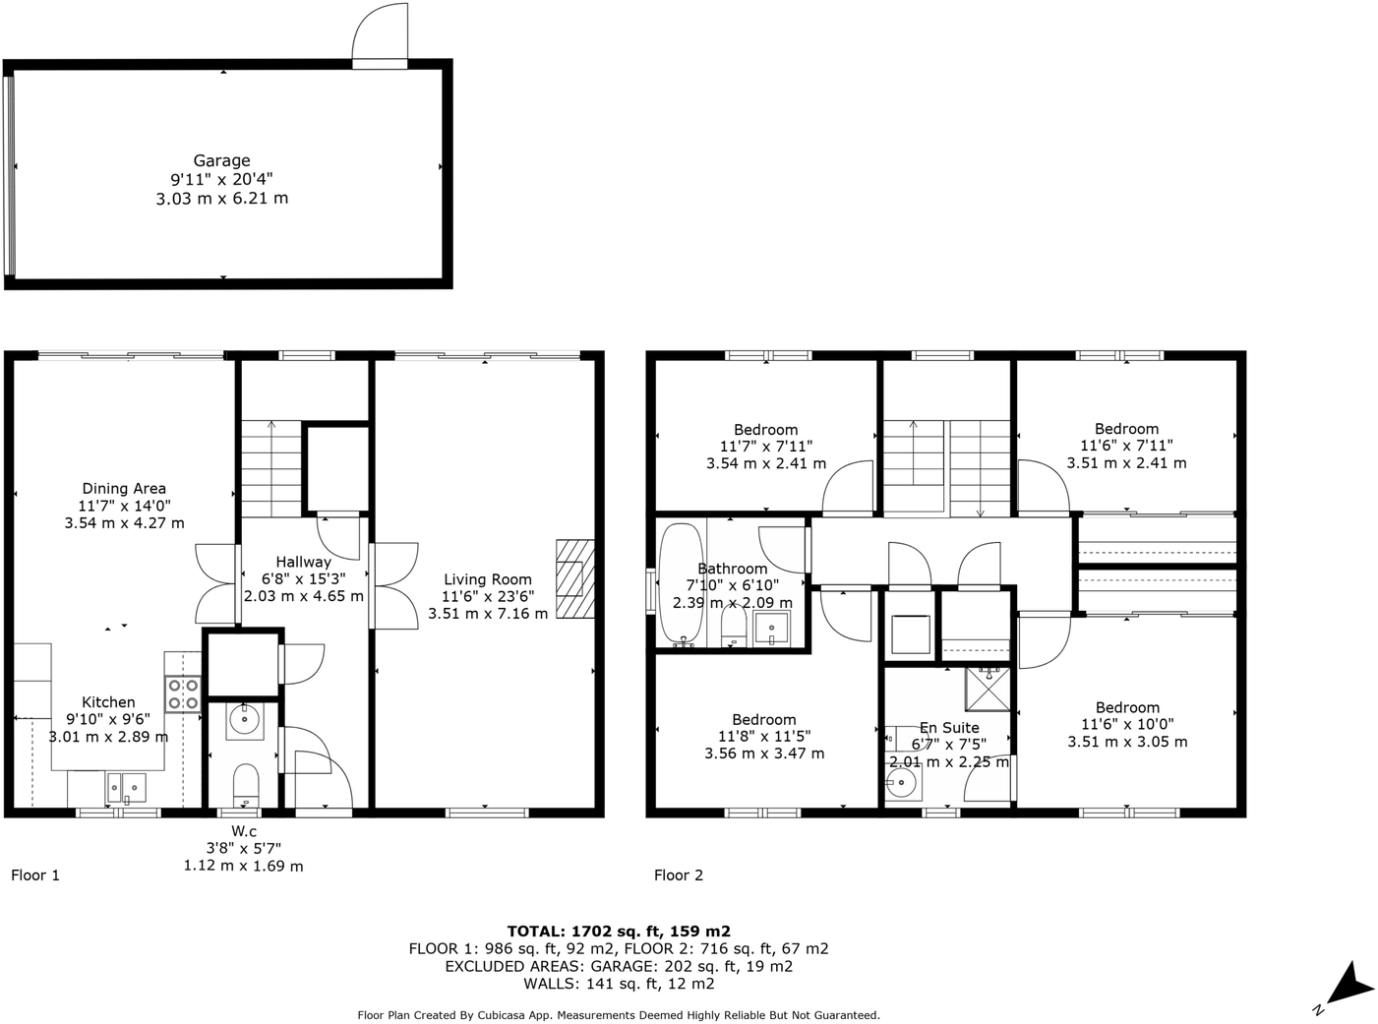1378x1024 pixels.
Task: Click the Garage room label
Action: pyautogui.click(x=221, y=160)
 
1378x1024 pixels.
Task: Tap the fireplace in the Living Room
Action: pyautogui.click(x=575, y=578)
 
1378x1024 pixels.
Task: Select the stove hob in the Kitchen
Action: pyautogui.click(x=183, y=693)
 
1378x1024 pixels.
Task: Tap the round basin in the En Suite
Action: pyautogui.click(x=901, y=783)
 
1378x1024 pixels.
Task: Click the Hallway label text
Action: pyautogui.click(x=303, y=562)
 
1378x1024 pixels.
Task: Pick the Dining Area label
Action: pyautogui.click(x=124, y=488)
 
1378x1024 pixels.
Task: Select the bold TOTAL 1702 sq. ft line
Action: pyautogui.click(x=619, y=931)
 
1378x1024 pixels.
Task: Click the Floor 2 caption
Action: pyautogui.click(x=679, y=874)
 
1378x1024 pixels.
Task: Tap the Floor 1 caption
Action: pyautogui.click(x=35, y=874)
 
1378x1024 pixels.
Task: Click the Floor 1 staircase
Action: pyautogui.click(x=271, y=467)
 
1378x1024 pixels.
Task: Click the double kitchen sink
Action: pyautogui.click(x=127, y=787)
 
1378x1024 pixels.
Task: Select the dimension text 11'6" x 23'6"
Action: pyautogui.click(x=487, y=596)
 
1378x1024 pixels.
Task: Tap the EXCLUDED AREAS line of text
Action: pyautogui.click(x=619, y=966)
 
